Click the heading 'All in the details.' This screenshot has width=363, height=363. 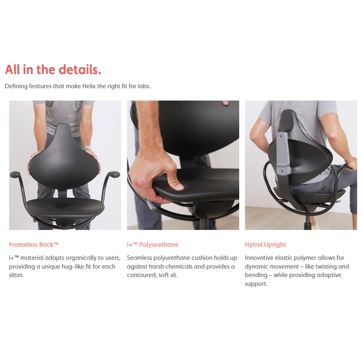[x=53, y=70]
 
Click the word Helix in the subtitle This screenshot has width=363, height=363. [x=89, y=86]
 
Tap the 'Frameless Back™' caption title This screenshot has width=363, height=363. [x=34, y=245]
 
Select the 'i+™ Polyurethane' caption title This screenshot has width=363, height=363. [x=152, y=245]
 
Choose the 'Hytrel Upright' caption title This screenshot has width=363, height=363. [x=265, y=245]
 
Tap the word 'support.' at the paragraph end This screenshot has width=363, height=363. [x=256, y=284]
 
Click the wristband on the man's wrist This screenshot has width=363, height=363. [x=87, y=148]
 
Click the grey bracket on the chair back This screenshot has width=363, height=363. [x=283, y=153]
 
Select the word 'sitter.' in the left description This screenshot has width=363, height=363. [x=16, y=275]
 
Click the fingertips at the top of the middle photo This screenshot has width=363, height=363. [x=225, y=103]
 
